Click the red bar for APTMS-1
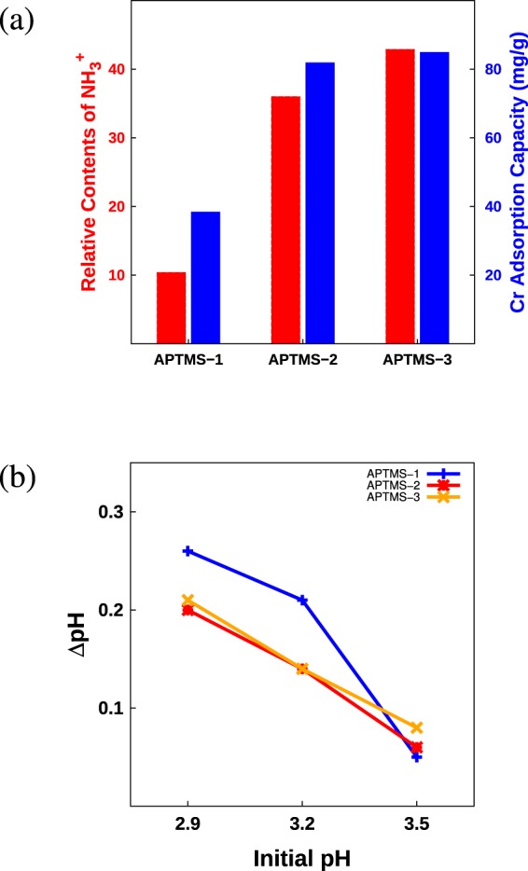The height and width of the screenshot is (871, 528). pos(171,308)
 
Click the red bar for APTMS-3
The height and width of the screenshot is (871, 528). pos(399,196)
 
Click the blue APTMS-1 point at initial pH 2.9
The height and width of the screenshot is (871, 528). pos(188,551)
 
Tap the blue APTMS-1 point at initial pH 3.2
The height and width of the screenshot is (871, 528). pos(302,600)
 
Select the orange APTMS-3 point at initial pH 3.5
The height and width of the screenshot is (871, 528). pos(417,727)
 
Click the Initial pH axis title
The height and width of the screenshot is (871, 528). pos(302,854)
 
